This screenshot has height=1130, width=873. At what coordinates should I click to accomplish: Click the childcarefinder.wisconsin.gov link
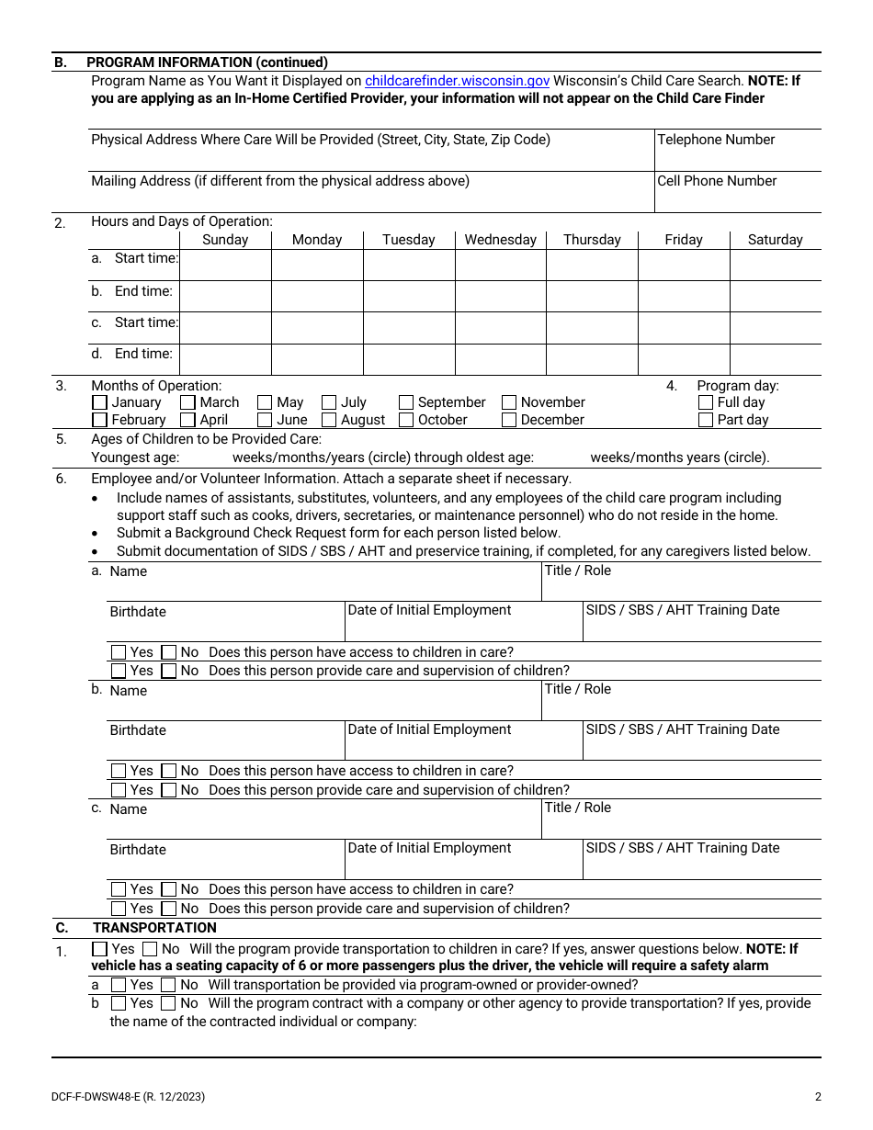457,81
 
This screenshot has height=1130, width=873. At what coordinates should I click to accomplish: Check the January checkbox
99,402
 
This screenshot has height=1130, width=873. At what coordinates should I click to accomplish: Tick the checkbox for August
329,420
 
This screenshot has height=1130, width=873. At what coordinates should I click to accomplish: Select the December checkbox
509,420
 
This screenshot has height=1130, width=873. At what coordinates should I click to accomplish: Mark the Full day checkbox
706,402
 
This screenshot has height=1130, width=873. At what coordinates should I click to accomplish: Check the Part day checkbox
706,420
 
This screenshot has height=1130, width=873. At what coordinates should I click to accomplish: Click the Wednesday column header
500,240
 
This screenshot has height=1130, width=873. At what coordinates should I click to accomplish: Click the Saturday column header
775,240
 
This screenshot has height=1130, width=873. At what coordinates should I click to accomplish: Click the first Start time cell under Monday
317,265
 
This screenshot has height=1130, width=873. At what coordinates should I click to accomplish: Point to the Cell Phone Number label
717,181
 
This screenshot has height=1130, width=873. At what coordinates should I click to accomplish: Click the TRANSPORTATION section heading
154,928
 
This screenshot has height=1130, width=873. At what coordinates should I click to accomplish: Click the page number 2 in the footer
818,1096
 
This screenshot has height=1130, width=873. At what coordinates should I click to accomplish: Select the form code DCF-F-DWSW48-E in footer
128,1096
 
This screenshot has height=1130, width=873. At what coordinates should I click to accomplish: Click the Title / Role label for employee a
577,571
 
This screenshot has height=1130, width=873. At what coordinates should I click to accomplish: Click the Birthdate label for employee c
138,850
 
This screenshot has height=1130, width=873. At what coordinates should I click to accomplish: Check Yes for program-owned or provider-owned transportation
119,985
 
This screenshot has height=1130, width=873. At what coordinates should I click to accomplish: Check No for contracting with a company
168,1003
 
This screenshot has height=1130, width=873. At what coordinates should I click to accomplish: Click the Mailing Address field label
279,181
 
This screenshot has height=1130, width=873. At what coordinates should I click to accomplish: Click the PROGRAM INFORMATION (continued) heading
207,62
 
